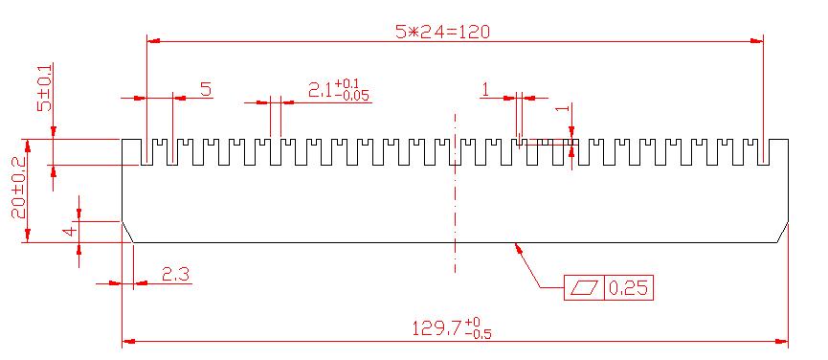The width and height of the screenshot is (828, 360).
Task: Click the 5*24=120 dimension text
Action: (442, 33)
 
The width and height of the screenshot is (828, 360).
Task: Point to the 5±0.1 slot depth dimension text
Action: (44, 87)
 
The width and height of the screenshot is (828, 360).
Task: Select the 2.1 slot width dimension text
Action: (320, 92)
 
